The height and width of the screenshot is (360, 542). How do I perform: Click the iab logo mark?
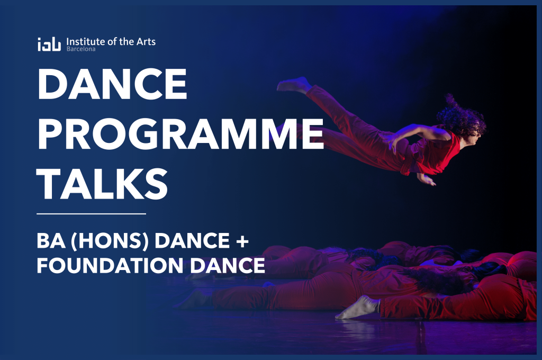49,44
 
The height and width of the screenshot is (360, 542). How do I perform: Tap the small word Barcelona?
81,49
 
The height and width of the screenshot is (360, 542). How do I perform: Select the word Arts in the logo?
146,42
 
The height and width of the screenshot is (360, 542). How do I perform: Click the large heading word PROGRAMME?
180,134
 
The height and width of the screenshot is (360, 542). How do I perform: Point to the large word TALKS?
102,184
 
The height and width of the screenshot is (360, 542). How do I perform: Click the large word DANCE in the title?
112,84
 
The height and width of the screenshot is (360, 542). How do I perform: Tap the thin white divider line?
91,214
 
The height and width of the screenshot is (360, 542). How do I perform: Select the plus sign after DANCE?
242,241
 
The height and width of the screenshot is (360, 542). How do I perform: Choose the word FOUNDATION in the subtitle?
110,266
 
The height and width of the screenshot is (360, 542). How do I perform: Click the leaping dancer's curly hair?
460,116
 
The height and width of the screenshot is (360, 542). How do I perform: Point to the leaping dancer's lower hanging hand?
427,179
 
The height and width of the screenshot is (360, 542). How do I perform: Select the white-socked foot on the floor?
358,308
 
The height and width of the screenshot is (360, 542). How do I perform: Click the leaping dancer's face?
476,137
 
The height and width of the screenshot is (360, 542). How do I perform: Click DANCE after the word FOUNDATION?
228,266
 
